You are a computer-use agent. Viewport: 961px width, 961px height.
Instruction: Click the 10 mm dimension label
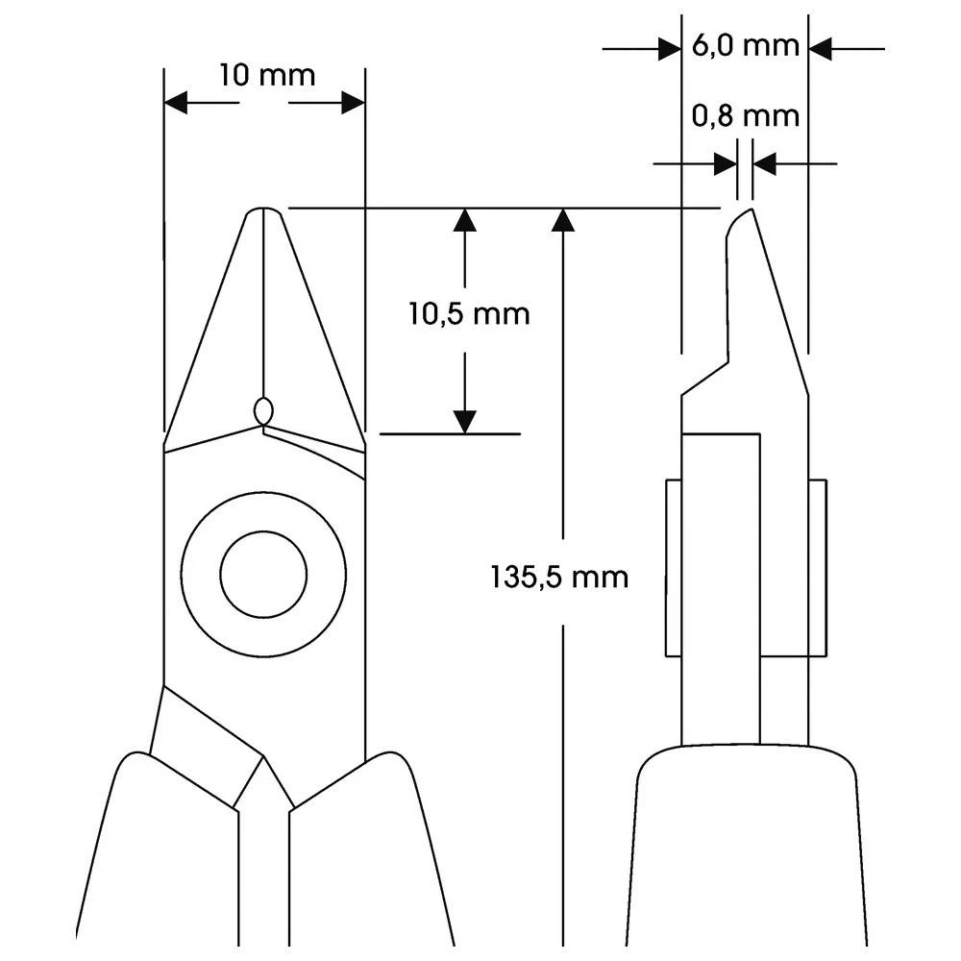[266, 76]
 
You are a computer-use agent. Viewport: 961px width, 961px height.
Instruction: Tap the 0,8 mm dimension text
[746, 116]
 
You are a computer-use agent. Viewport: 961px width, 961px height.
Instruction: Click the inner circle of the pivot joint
[263, 575]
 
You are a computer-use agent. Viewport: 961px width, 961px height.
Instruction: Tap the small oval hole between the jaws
[263, 410]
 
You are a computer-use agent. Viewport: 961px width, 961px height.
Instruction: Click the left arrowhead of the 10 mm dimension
[176, 104]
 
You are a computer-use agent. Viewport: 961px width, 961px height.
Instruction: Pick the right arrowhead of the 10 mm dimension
[353, 104]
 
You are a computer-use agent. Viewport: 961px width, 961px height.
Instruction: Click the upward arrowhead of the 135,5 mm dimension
[563, 220]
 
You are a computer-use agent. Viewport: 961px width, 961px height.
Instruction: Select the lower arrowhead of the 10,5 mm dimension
[465, 421]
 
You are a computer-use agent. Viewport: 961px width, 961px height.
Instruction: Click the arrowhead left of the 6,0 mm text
[670, 49]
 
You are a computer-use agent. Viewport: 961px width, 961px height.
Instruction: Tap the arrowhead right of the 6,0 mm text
[820, 49]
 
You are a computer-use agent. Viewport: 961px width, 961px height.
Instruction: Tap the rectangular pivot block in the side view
[746, 568]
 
